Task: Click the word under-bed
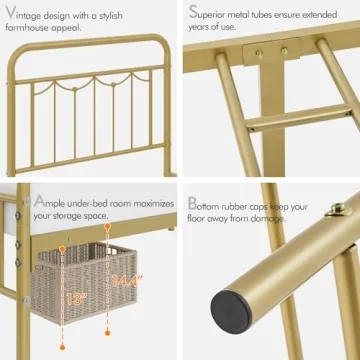[88, 201]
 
